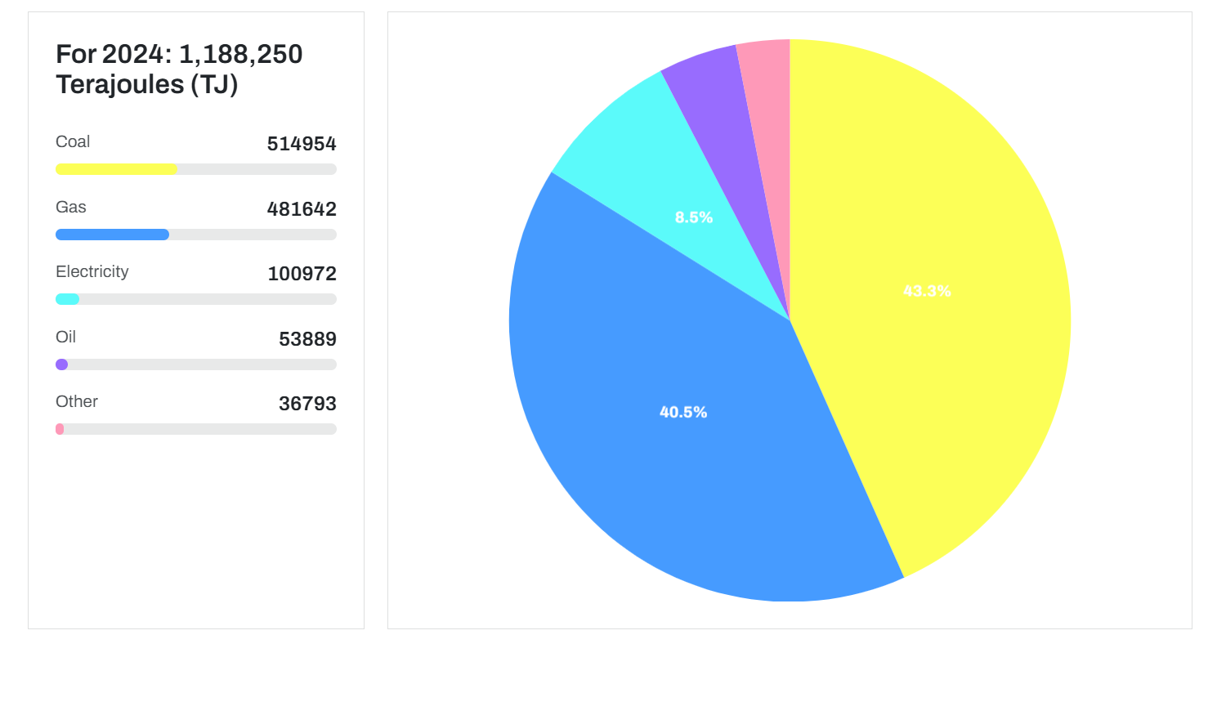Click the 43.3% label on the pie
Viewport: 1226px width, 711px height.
click(x=927, y=291)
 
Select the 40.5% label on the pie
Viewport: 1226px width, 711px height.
click(x=683, y=412)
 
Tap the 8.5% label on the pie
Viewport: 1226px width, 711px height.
click(x=694, y=217)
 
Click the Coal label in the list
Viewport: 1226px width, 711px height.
click(x=73, y=141)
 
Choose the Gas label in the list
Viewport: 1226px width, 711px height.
click(x=71, y=207)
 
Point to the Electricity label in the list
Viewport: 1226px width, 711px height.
click(x=92, y=271)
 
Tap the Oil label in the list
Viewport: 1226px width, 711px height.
click(x=65, y=337)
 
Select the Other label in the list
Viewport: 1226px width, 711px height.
click(x=77, y=401)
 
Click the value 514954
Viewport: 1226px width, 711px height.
click(x=302, y=144)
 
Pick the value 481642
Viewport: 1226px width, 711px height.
click(x=302, y=209)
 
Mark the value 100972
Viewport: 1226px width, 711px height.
click(x=302, y=274)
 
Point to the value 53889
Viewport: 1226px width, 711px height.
click(x=307, y=339)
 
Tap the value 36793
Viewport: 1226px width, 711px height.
click(x=307, y=404)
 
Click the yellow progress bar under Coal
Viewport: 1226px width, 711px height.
click(x=116, y=169)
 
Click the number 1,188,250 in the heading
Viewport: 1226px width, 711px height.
click(x=240, y=54)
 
